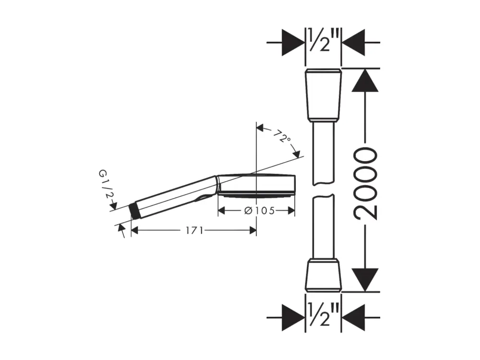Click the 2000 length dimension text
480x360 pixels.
[365, 184]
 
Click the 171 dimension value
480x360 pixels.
[195, 230]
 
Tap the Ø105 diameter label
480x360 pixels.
[260, 211]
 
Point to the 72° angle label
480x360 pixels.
[282, 136]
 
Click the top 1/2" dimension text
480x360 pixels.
[323, 40]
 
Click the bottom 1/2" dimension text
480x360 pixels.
[323, 314]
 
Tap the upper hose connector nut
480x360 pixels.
[323, 96]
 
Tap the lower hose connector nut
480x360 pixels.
[323, 275]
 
